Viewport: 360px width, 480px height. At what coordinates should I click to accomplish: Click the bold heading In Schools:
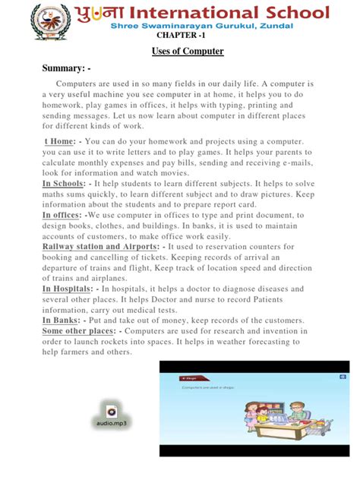click(63, 184)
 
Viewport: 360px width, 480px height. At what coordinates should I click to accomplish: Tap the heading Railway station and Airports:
click(102, 246)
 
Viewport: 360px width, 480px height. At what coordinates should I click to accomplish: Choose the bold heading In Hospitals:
click(69, 289)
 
